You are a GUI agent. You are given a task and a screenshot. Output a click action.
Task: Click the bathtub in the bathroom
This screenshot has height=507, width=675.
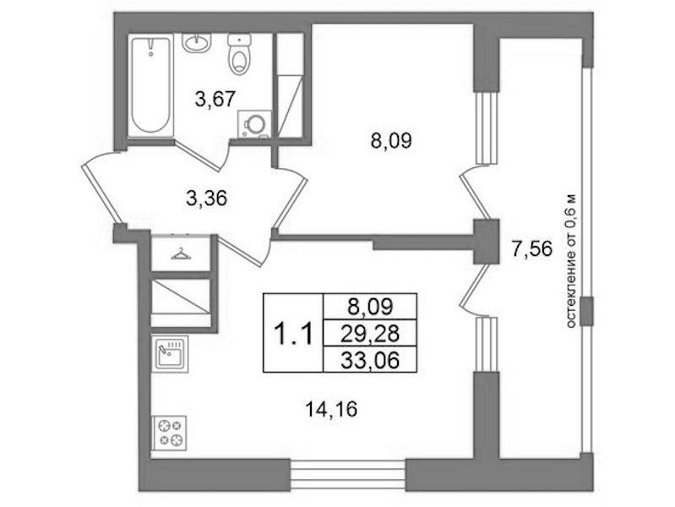click(x=151, y=86)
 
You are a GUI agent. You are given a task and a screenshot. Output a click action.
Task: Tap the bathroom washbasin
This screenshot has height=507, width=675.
click(x=197, y=42)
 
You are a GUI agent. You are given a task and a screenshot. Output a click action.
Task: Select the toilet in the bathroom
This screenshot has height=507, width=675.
click(x=239, y=54)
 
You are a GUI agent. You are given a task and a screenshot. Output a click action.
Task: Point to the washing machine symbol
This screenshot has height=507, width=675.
click(x=254, y=124)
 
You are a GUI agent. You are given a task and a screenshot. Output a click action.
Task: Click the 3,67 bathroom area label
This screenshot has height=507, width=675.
click(x=215, y=99)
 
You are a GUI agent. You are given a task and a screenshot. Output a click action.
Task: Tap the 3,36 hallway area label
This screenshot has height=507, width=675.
click(x=207, y=199)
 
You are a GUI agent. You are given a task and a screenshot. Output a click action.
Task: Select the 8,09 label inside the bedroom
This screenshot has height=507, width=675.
click(x=391, y=141)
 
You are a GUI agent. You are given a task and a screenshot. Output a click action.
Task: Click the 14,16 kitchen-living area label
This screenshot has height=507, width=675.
click(x=331, y=409)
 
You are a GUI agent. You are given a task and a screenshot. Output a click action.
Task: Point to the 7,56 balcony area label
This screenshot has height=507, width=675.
click(x=531, y=248)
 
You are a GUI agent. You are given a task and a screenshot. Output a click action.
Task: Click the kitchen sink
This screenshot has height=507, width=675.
click(x=170, y=354)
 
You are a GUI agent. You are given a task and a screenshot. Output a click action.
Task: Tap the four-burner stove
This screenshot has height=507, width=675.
click(x=169, y=433)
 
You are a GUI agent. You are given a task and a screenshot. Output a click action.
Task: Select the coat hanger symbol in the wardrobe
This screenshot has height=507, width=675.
click(x=181, y=254)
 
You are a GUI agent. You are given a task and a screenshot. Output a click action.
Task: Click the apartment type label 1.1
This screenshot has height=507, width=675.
click(x=293, y=335)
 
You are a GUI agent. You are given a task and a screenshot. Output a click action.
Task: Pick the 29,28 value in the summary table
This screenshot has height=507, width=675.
click(x=370, y=333)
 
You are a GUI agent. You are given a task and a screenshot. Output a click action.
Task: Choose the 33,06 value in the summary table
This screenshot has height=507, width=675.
click(x=370, y=360)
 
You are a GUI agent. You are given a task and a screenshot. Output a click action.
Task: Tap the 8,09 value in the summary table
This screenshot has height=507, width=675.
click(x=370, y=307)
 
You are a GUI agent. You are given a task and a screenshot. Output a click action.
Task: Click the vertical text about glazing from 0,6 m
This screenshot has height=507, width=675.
click(x=571, y=260)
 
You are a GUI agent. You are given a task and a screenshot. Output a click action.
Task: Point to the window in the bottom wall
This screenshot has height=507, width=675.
click(x=348, y=475)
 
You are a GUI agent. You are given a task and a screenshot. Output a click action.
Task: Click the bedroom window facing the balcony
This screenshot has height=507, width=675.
click(x=486, y=128)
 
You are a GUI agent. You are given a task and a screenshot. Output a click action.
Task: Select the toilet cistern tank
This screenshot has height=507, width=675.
click(x=239, y=40)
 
